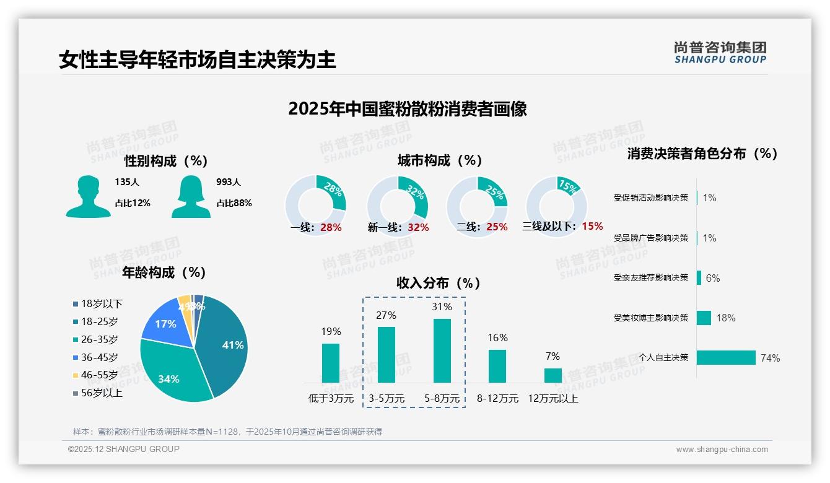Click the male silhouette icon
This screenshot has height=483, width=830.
88,196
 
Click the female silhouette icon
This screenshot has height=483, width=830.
191,196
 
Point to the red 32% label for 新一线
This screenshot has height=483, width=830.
418,227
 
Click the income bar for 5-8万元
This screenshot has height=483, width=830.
442,350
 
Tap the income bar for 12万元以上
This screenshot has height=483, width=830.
553,375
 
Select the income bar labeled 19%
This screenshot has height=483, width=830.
331,363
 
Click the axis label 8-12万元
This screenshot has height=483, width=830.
497,399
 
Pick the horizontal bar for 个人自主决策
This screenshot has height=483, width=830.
726,358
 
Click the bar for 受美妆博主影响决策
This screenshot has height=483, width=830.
704,318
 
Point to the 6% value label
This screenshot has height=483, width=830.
713,278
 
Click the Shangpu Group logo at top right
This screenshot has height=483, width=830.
720,53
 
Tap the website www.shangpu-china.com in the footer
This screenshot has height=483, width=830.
722,450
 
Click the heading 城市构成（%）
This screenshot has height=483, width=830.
440,160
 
